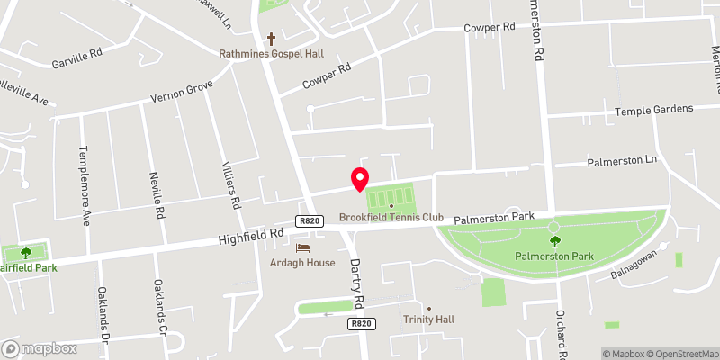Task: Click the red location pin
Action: [359, 179]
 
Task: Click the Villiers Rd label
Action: [230, 184]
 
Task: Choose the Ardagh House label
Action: [302, 263]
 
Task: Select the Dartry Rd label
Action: [357, 287]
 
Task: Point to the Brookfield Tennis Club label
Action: [391, 217]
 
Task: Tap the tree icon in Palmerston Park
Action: [554, 241]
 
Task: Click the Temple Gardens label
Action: [653, 110]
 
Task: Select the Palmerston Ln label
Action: [623, 163]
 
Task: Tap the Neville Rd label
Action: [157, 196]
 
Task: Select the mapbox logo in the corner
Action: [39, 348]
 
